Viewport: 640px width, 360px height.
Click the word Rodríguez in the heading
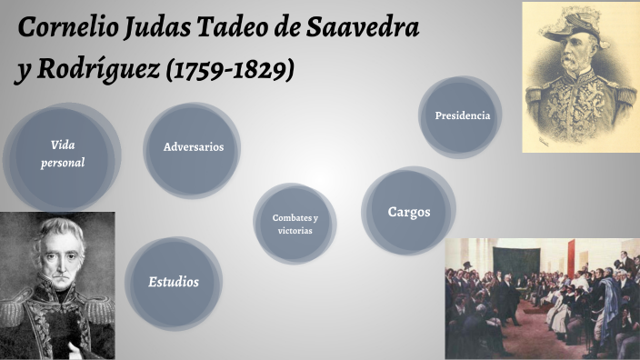click(100, 72)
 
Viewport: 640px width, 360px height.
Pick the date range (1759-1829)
click(231, 72)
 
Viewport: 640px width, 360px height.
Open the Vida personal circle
click(63, 155)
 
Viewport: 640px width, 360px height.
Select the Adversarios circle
click(193, 147)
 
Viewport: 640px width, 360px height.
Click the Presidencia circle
click(462, 115)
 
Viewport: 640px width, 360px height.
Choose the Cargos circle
click(408, 212)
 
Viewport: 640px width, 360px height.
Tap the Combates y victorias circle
click(295, 224)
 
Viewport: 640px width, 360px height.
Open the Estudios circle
click(173, 282)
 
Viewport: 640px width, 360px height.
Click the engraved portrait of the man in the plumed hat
click(579, 76)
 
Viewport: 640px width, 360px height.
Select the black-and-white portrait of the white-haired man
click(56, 285)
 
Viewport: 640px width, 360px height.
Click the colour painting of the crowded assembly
click(542, 298)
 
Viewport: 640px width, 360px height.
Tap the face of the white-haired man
click(55, 265)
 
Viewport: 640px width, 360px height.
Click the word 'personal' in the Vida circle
click(63, 164)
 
